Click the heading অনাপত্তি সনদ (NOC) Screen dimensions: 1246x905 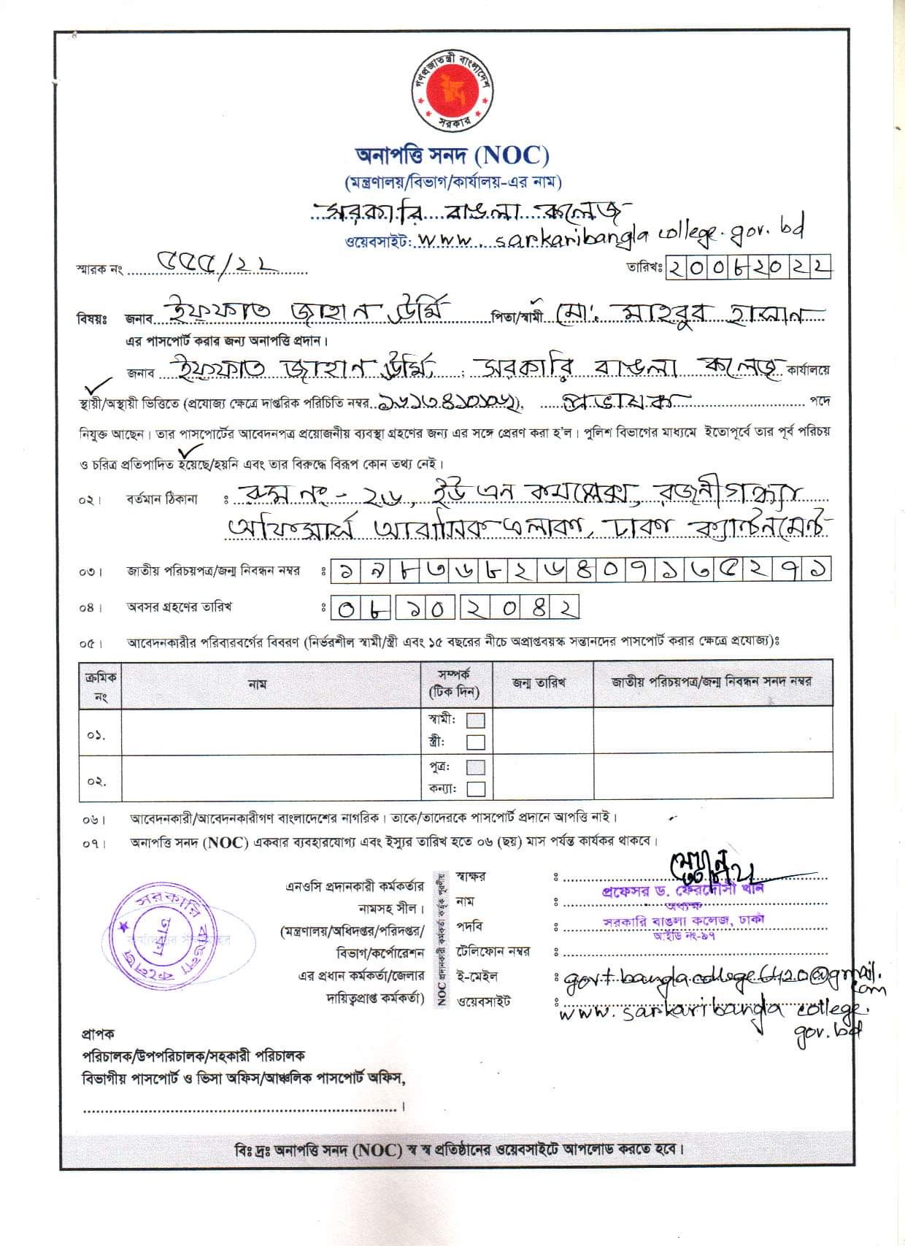(452, 155)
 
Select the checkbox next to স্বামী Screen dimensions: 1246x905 (476, 720)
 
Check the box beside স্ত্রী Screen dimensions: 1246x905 (476, 742)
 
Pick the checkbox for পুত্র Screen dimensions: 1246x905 (476, 767)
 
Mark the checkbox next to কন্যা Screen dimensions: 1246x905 (476, 789)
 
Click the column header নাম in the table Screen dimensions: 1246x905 (257, 685)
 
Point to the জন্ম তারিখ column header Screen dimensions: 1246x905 (539, 683)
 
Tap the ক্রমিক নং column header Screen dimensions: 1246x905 (100, 685)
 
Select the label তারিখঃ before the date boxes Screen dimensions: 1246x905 (643, 268)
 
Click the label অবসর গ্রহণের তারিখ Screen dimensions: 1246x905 (179, 607)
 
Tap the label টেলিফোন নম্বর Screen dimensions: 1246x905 (493, 952)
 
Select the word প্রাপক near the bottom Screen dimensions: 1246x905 (97, 1034)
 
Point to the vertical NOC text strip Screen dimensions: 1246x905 (442, 939)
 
